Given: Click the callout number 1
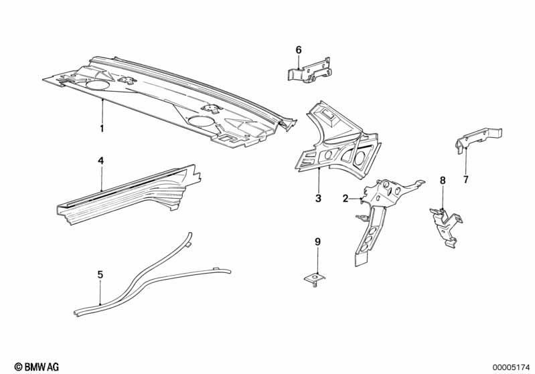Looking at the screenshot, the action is [x=102, y=128].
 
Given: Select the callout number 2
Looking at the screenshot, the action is [x=346, y=199].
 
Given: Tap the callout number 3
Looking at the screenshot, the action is [x=318, y=198].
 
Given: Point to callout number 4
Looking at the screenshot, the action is [x=100, y=161].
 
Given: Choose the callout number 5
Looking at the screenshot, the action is [x=100, y=274].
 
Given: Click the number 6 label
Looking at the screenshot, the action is [x=299, y=50].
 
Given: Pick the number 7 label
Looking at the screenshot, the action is [x=466, y=179].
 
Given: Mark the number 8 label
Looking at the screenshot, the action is [x=443, y=181].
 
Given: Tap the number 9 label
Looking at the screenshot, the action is [x=317, y=242].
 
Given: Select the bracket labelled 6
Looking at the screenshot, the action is [x=309, y=70].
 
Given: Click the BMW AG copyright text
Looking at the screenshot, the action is [x=37, y=367].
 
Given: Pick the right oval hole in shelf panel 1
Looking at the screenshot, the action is [x=201, y=120].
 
